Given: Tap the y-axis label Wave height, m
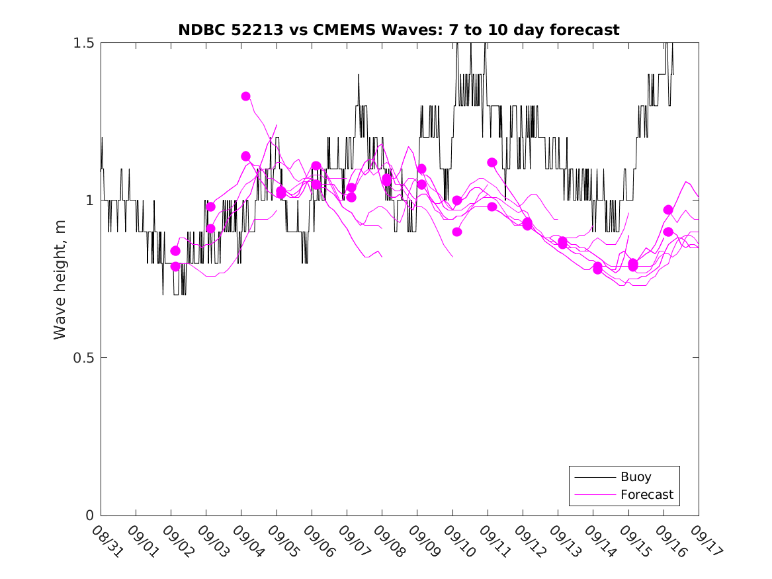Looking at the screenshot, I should click(x=60, y=279).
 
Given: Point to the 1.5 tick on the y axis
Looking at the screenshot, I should click(x=84, y=42).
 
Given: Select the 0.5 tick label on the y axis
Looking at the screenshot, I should click(x=84, y=358).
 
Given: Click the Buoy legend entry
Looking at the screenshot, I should click(x=635, y=476).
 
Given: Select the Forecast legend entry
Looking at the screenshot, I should click(x=646, y=494).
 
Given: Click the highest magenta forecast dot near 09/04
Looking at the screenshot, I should click(x=245, y=96).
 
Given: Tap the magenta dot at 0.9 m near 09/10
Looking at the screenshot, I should click(x=457, y=232).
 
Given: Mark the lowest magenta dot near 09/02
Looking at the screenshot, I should click(x=175, y=267).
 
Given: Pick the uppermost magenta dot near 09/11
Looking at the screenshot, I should click(x=492, y=162).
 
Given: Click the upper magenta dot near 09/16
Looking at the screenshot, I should click(x=668, y=210).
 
